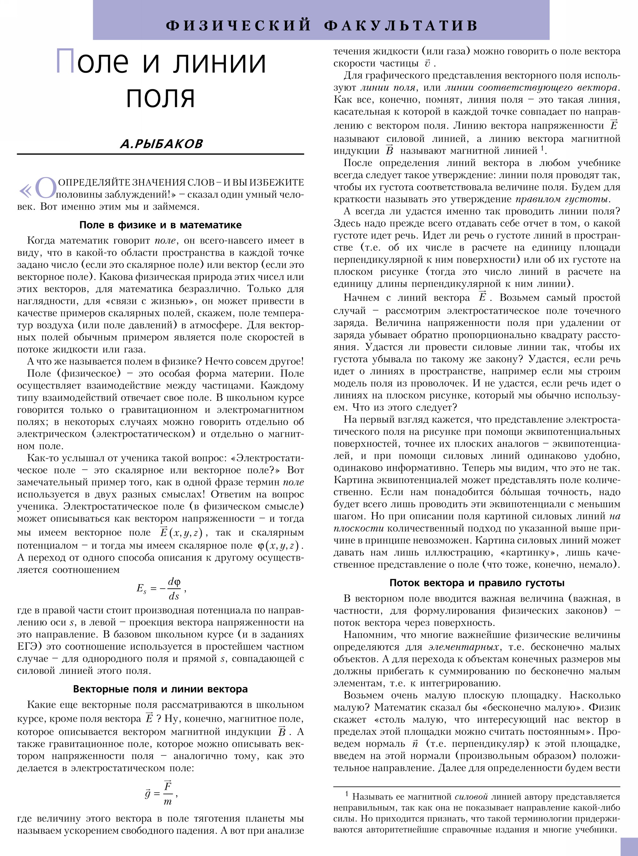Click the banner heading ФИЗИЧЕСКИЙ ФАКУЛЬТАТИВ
tap(322, 26)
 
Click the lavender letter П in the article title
tap(66, 61)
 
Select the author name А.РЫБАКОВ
tap(161, 144)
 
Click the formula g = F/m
tap(161, 794)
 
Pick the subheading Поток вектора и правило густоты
tap(477, 583)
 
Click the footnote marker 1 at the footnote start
tap(346, 794)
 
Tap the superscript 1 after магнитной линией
tap(542, 148)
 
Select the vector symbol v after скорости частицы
tap(427, 64)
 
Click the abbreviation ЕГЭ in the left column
tap(27, 646)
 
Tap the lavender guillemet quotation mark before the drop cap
tap(26, 190)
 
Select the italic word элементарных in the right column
tap(463, 647)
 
